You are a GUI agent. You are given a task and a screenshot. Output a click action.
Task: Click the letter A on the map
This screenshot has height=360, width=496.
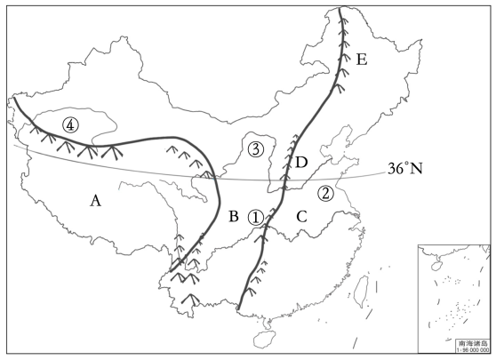(95, 200)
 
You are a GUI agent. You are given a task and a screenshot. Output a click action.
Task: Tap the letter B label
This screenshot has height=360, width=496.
(234, 216)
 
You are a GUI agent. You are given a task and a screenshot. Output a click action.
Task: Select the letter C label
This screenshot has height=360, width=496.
(301, 217)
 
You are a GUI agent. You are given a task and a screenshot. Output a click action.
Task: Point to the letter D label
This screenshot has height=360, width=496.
(301, 163)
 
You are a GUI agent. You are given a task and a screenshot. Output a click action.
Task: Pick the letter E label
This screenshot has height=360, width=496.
(362, 60)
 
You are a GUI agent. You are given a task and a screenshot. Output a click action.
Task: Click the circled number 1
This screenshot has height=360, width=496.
(255, 218)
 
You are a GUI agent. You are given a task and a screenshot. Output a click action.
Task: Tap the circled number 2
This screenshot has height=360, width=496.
(326, 193)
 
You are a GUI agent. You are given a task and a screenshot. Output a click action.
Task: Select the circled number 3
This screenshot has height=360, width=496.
(256, 149)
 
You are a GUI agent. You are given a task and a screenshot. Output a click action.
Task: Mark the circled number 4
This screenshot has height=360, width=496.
(70, 125)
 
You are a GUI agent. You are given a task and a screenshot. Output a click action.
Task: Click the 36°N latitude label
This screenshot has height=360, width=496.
(405, 169)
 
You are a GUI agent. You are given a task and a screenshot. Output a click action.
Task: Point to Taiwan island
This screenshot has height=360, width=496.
(360, 291)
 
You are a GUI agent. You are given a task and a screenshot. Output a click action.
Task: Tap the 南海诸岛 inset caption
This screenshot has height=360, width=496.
(473, 343)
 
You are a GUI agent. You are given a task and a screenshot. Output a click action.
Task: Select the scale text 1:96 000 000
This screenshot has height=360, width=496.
(473, 349)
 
